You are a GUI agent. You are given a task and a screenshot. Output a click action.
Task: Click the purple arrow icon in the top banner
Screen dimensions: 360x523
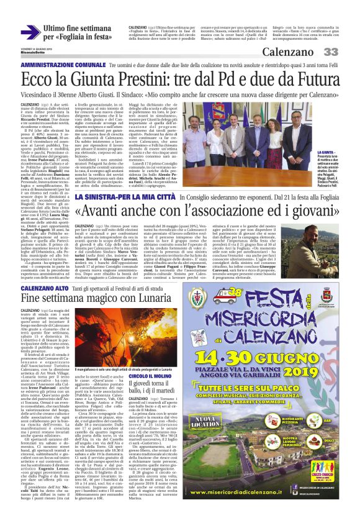pos(31,31)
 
